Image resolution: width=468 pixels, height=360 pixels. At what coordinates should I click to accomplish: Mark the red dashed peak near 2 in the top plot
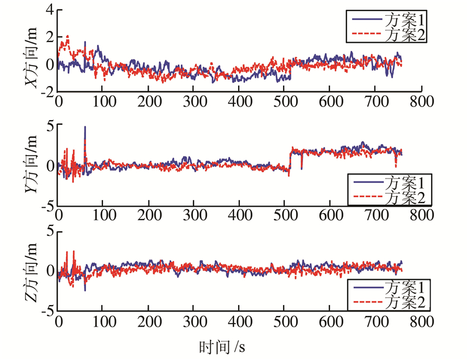67,36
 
